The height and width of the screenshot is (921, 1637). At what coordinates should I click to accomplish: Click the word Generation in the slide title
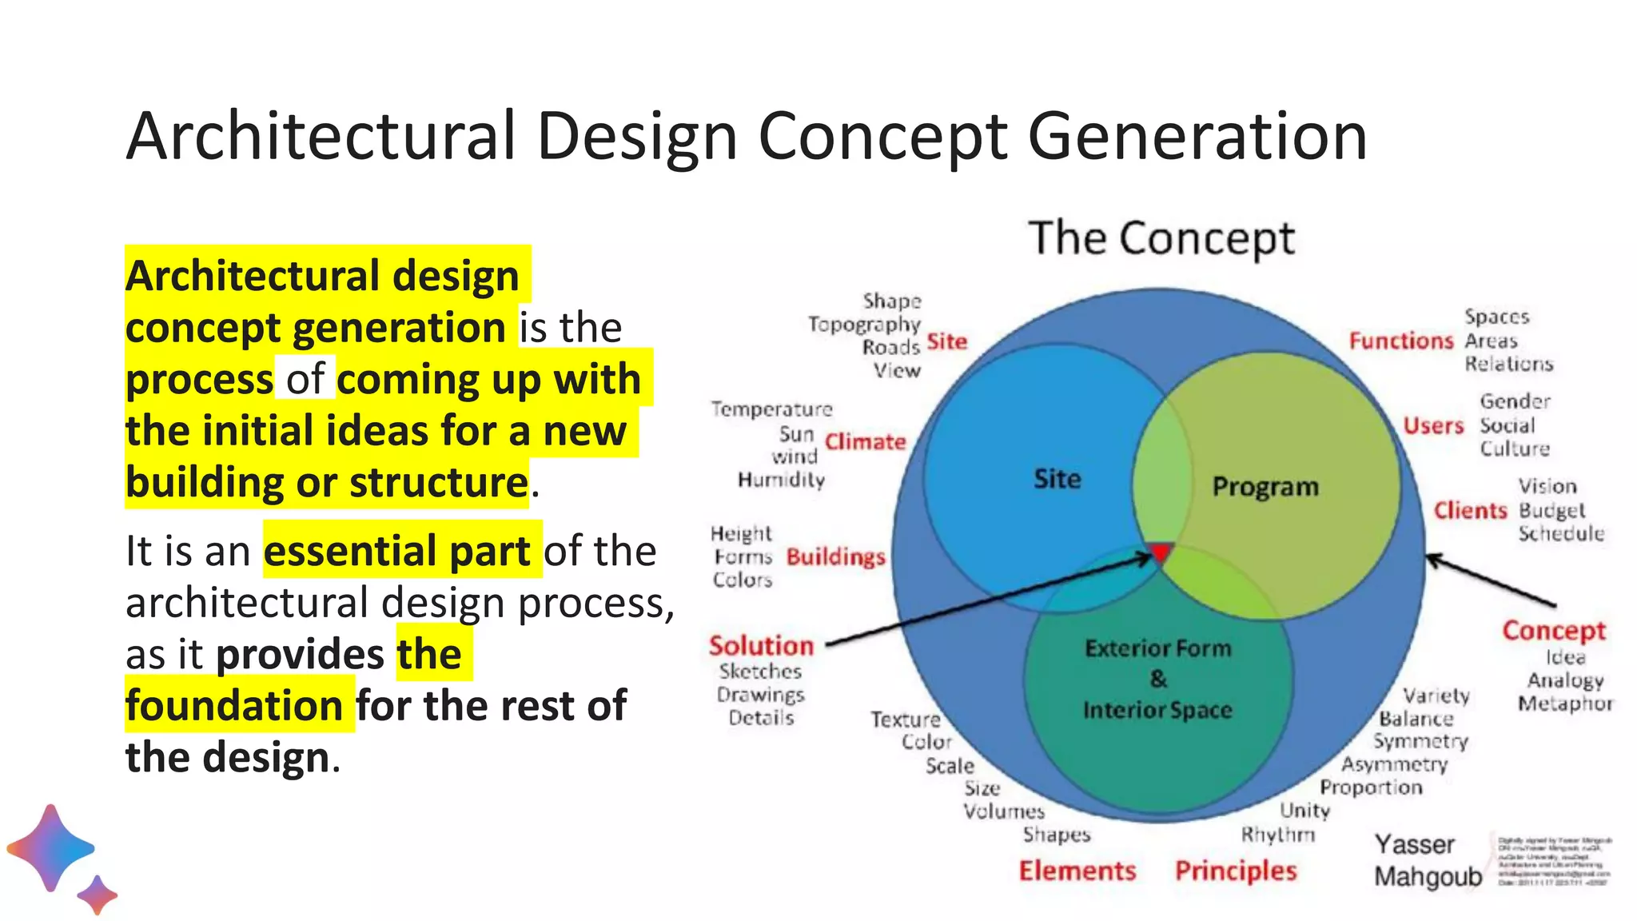[1197, 137]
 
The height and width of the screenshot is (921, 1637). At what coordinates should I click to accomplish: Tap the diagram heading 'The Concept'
[1161, 238]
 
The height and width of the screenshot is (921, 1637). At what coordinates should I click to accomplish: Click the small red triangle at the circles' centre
[1161, 552]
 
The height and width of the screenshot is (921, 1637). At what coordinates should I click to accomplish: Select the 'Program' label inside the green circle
[1265, 486]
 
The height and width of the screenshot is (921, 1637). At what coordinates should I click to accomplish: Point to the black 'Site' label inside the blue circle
[1057, 479]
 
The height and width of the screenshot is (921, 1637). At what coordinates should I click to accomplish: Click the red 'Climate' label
[865, 442]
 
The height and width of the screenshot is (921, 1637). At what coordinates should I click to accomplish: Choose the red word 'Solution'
[761, 645]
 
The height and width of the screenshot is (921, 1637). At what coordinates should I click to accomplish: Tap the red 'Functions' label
[1400, 341]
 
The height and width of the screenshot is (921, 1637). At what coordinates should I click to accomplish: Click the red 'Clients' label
[1469, 510]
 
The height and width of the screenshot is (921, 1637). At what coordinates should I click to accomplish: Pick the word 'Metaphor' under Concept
[1565, 704]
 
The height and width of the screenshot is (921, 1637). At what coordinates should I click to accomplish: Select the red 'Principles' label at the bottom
[1236, 871]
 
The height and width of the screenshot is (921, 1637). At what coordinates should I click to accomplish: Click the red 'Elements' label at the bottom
[1077, 871]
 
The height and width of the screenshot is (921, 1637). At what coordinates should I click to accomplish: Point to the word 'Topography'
[864, 324]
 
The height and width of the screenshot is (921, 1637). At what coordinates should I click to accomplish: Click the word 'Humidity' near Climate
[781, 480]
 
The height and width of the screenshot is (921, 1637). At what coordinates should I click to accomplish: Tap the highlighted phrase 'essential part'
[397, 551]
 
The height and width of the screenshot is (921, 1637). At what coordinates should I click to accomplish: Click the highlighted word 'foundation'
[235, 705]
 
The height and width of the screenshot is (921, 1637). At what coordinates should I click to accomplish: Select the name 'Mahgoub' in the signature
[1428, 876]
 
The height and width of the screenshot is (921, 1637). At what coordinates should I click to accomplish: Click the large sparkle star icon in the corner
[50, 847]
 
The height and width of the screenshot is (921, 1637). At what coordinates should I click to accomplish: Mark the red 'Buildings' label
[835, 556]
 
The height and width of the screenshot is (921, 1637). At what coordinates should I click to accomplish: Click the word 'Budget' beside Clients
[1551, 510]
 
